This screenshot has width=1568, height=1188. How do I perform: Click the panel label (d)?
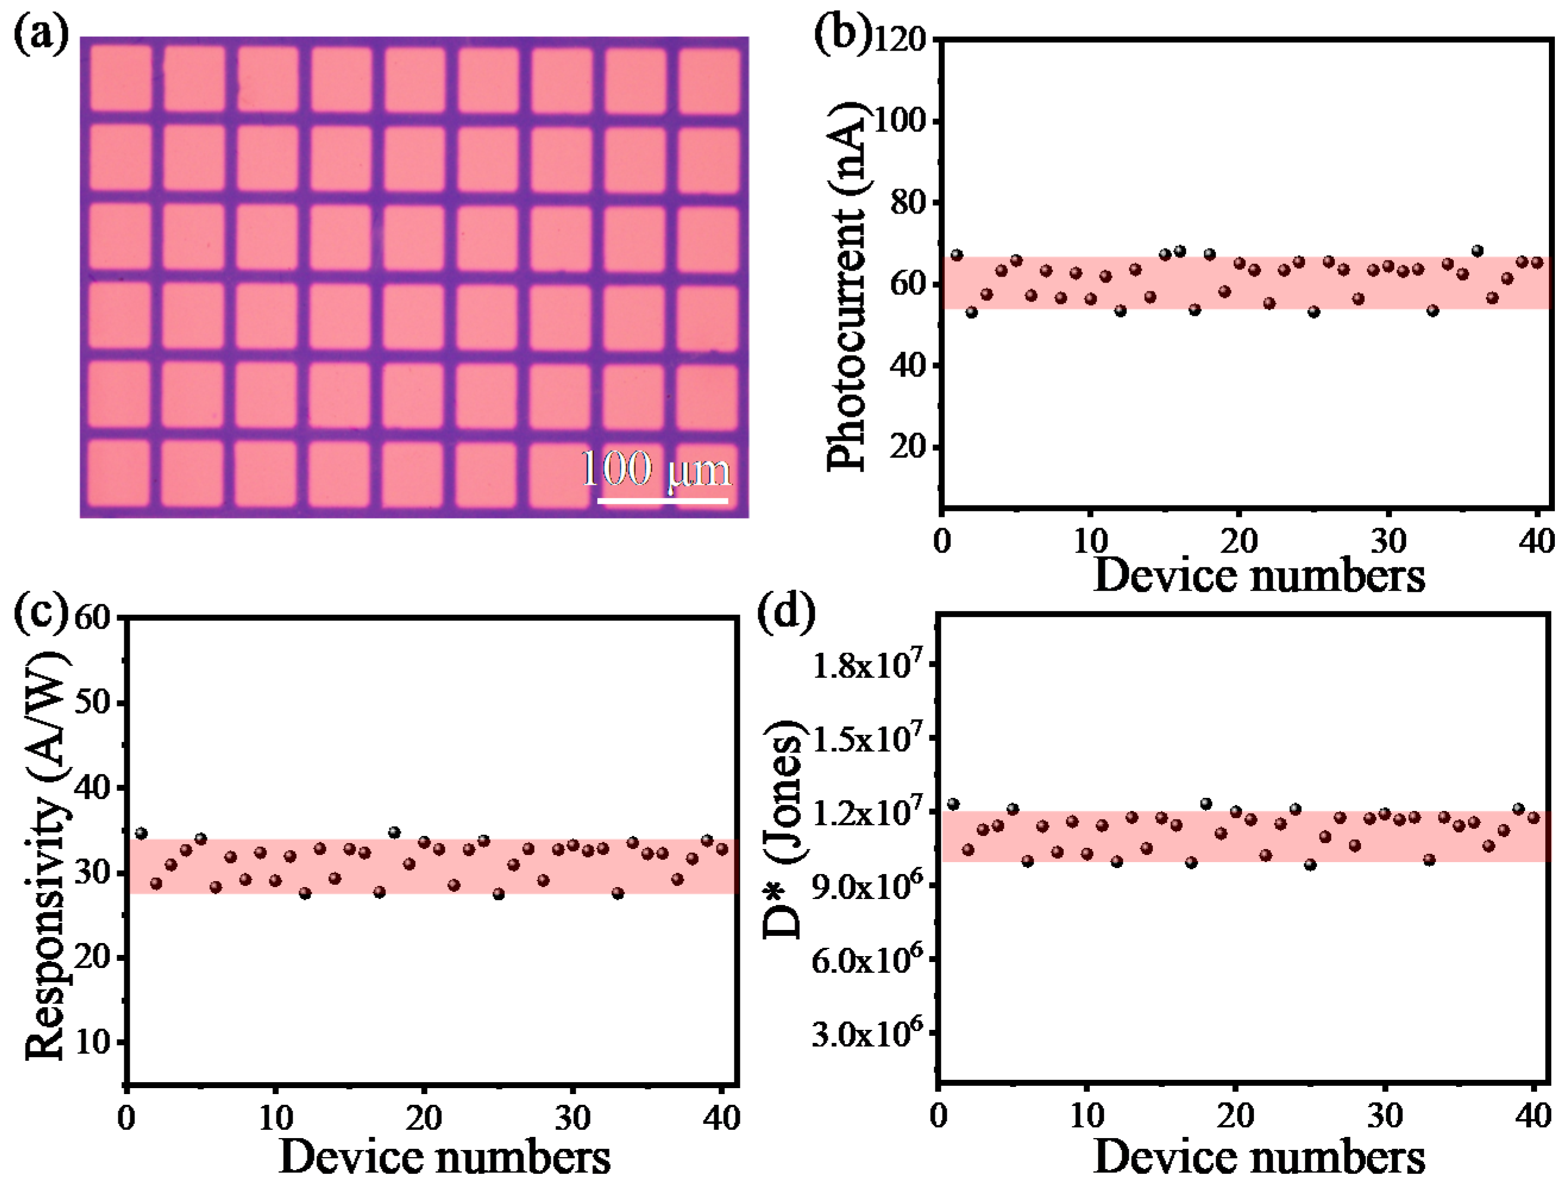tap(786, 612)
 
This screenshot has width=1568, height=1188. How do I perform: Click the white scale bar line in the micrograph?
tap(662, 501)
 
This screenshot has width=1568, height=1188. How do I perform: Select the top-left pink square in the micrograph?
tap(121, 77)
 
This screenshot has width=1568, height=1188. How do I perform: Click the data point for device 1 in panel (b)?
tap(957, 255)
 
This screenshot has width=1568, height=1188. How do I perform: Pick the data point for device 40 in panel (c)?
tap(722, 848)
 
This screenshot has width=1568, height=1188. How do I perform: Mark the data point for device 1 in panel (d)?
tap(953, 804)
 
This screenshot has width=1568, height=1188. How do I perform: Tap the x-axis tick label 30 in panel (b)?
tap(1387, 542)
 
